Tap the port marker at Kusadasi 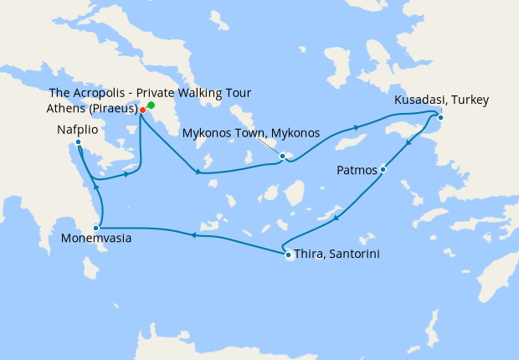coord(440,116)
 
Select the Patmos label coord(357,171)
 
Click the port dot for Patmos coord(383,169)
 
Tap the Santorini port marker coord(288,255)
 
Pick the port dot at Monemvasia coord(96,227)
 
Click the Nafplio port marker coord(78,141)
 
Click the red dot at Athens coord(143,110)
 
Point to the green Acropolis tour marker coord(151,105)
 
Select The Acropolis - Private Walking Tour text coord(150,92)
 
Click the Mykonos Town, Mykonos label coord(251,133)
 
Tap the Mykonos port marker coord(283,156)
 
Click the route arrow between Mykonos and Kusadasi coord(358,127)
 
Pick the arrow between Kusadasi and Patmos coord(408,144)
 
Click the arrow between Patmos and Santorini coord(336,219)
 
